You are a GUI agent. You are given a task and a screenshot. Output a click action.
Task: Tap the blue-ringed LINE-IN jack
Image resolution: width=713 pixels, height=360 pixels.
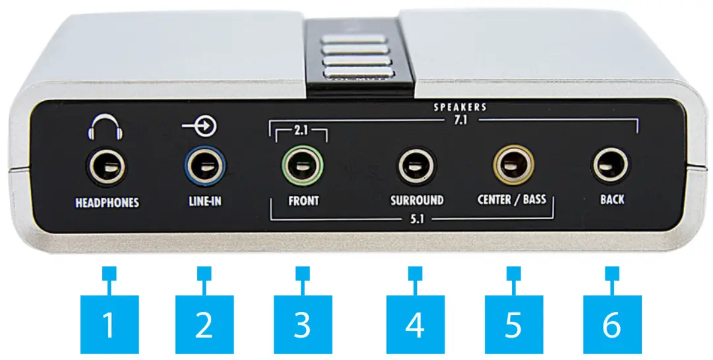click(204, 165)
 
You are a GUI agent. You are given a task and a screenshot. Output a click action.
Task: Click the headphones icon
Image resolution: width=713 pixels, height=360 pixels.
click(106, 129)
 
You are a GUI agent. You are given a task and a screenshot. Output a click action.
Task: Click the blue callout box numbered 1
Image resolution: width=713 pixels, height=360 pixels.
click(109, 324)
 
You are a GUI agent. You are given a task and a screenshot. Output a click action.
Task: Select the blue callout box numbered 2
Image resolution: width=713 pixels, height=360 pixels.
click(204, 324)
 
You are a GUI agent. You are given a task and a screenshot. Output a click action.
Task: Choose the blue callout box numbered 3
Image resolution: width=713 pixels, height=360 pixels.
click(302, 324)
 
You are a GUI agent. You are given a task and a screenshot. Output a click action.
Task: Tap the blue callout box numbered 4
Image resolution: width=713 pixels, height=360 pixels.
click(415, 324)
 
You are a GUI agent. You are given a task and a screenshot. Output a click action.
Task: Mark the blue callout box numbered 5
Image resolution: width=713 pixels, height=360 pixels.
click(513, 324)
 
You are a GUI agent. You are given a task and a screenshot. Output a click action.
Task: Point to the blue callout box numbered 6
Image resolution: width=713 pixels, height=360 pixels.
click(612, 324)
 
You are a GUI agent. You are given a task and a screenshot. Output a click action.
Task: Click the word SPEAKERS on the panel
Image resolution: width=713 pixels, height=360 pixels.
click(461, 107)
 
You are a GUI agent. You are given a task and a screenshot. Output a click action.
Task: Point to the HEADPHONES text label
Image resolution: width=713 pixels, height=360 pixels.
click(107, 202)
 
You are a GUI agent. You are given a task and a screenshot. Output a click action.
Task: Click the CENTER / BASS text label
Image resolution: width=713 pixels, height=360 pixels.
click(512, 198)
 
